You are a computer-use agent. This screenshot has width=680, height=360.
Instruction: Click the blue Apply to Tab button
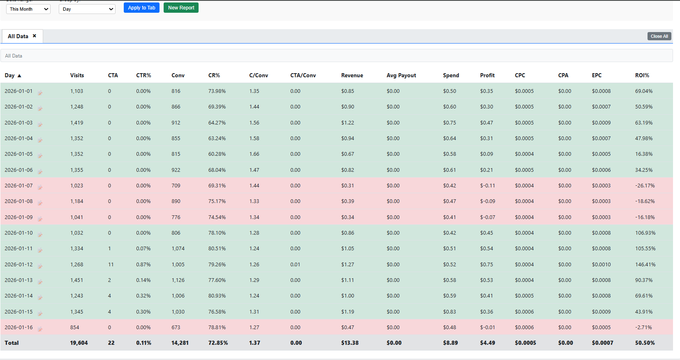tap(141, 7)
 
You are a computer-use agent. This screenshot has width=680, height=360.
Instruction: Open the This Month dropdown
tap(28, 9)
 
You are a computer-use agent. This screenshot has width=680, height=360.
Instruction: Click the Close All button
tap(659, 36)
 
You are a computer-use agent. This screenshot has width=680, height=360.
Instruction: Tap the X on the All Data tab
tap(35, 36)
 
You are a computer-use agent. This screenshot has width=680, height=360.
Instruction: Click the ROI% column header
tap(642, 75)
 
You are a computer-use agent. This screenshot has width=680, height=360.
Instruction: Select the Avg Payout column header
tap(401, 75)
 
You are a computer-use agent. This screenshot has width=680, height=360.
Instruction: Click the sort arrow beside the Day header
tap(19, 76)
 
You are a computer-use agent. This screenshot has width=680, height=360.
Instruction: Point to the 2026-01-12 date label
tap(19, 264)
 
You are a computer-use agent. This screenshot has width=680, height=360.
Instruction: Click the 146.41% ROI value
tap(645, 264)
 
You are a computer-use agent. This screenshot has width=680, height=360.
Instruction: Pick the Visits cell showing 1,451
tap(76, 280)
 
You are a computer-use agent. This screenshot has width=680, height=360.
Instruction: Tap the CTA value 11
tap(111, 264)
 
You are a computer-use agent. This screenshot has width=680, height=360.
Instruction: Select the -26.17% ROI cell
tap(645, 185)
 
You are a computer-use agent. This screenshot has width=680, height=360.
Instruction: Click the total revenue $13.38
tap(350, 343)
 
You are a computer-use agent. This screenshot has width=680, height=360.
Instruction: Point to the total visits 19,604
tap(79, 343)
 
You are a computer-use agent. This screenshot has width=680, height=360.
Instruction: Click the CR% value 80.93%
tap(217, 295)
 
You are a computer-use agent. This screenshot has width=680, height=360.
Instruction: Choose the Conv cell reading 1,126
tap(178, 280)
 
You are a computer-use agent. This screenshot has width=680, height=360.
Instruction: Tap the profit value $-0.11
tap(488, 185)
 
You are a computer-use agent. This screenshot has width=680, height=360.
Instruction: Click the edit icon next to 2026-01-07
tap(40, 187)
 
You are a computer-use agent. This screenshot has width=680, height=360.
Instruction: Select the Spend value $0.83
tap(449, 312)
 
